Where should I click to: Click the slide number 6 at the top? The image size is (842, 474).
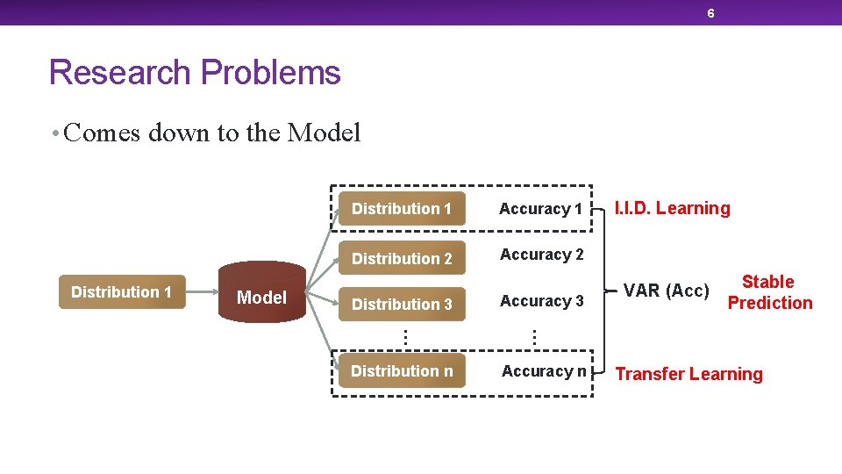tap(710, 13)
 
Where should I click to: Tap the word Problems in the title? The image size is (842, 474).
tap(271, 72)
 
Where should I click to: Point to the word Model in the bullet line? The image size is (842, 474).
tap(324, 133)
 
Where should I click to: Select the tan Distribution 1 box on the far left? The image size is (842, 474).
tap(122, 292)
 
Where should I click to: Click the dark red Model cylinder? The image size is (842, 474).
tap(261, 297)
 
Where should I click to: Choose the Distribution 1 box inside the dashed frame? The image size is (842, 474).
tap(402, 209)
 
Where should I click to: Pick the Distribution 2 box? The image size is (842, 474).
tap(402, 258)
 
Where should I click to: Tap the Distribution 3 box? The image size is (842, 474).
tap(402, 304)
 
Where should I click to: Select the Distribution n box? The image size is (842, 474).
tap(402, 371)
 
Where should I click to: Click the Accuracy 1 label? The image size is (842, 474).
tap(540, 209)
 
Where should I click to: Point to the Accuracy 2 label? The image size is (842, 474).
tap(541, 255)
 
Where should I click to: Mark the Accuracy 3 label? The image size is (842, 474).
tap(541, 301)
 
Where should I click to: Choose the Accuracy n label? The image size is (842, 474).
tap(544, 371)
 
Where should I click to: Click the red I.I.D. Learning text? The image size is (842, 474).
tap(672, 208)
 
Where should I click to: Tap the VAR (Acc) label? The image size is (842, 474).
tap(667, 290)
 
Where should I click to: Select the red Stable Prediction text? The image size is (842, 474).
tap(769, 292)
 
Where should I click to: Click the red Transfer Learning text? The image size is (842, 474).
tap(689, 374)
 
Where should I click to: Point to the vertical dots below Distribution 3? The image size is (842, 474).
tap(403, 335)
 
